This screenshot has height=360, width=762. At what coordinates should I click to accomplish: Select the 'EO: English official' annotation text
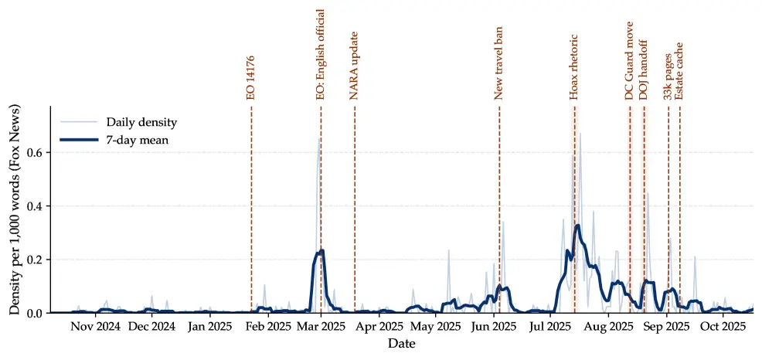(x=321, y=54)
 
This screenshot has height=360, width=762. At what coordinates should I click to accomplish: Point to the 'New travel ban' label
(x=499, y=63)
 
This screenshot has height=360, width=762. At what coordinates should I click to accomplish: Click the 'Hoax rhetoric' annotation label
(x=574, y=67)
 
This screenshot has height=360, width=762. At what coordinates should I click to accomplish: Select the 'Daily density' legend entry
(x=142, y=122)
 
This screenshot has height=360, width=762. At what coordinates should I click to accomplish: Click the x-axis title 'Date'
(x=401, y=343)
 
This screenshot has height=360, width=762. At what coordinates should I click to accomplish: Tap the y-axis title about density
(x=15, y=209)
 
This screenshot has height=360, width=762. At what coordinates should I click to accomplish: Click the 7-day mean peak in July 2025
(x=577, y=225)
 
